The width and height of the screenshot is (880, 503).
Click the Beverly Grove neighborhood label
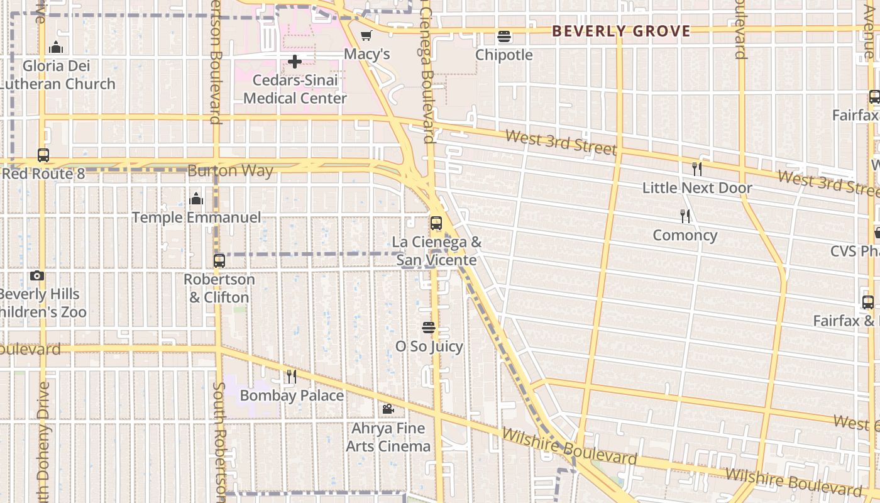pyautogui.click(x=621, y=31)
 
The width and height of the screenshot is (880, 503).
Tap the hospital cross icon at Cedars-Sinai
pyautogui.click(x=295, y=62)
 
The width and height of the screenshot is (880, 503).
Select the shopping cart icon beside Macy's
pyautogui.click(x=366, y=36)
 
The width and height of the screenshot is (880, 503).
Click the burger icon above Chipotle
pyautogui.click(x=504, y=36)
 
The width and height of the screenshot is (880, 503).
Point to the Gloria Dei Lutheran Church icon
pyautogui.click(x=56, y=47)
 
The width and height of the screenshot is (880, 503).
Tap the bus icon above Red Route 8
pyautogui.click(x=43, y=155)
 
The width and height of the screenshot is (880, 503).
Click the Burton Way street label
pyautogui.click(x=230, y=171)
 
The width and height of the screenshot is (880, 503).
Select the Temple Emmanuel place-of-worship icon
pyautogui.click(x=196, y=199)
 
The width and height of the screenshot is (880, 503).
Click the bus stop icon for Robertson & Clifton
pyautogui.click(x=219, y=261)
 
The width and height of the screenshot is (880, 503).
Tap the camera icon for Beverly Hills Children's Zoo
pyautogui.click(x=37, y=276)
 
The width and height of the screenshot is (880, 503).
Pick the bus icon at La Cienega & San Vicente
pyautogui.click(x=436, y=223)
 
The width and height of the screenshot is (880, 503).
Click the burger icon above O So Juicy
pyautogui.click(x=429, y=328)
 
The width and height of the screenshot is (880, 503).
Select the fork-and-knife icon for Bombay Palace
pyautogui.click(x=292, y=377)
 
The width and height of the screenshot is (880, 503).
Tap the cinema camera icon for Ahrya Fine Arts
pyautogui.click(x=388, y=409)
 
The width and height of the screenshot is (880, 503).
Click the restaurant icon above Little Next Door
pyautogui.click(x=696, y=169)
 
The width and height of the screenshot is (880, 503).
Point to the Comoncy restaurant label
pyautogui.click(x=685, y=235)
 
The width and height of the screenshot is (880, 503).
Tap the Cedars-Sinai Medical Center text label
pyautogui.click(x=295, y=89)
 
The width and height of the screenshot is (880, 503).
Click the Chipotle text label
pyautogui.click(x=503, y=55)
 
